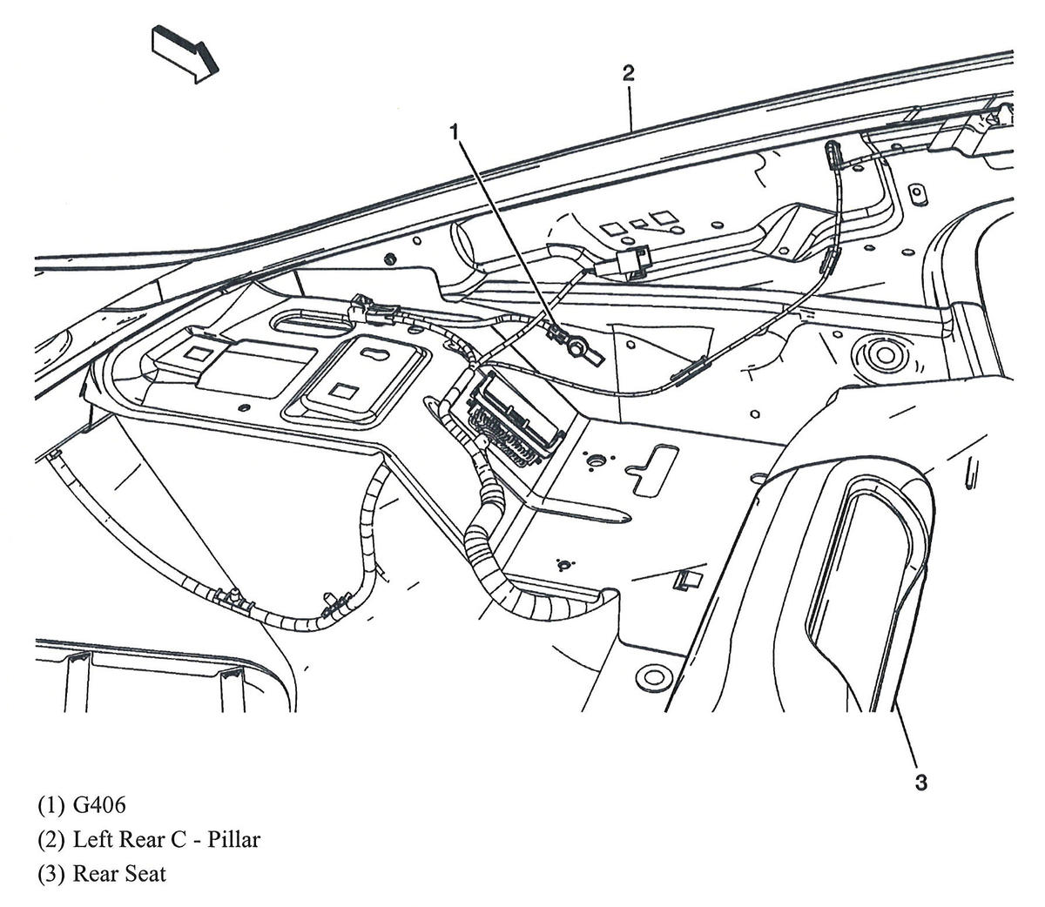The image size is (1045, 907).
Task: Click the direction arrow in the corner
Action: pyautogui.click(x=184, y=53)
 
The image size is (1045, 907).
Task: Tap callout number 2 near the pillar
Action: pyautogui.click(x=629, y=73)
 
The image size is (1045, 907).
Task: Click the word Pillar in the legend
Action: pyautogui.click(x=231, y=839)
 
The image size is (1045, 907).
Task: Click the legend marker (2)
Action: pyautogui.click(x=52, y=839)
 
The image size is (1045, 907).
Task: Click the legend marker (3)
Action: pyautogui.click(x=52, y=873)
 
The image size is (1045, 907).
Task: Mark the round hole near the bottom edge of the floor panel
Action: pyautogui.click(x=648, y=676)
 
